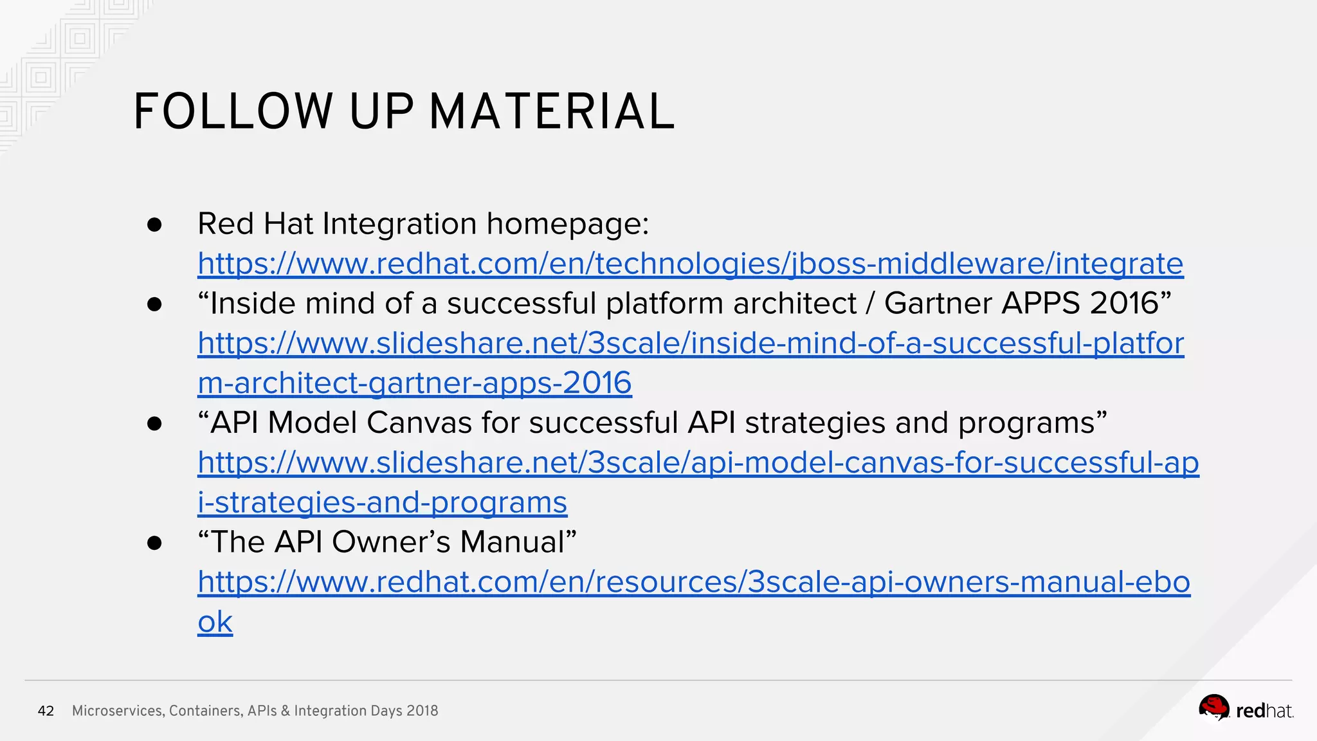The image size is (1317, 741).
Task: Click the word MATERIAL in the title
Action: tap(552, 112)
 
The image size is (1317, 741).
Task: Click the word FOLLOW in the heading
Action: tap(233, 112)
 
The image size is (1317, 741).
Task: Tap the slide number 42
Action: tap(46, 711)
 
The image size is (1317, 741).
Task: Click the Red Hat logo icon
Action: tap(1213, 708)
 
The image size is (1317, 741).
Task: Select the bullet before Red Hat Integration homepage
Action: tap(154, 224)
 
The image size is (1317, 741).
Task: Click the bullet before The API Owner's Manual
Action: tap(154, 543)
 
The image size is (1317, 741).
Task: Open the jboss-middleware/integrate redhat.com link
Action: tap(690, 264)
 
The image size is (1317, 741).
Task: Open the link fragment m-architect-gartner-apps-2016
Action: tap(415, 383)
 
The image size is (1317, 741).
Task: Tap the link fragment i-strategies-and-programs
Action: tap(382, 502)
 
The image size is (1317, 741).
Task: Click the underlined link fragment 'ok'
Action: tap(215, 622)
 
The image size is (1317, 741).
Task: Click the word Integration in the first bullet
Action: tap(399, 224)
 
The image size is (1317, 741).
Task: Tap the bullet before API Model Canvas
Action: tap(154, 423)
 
